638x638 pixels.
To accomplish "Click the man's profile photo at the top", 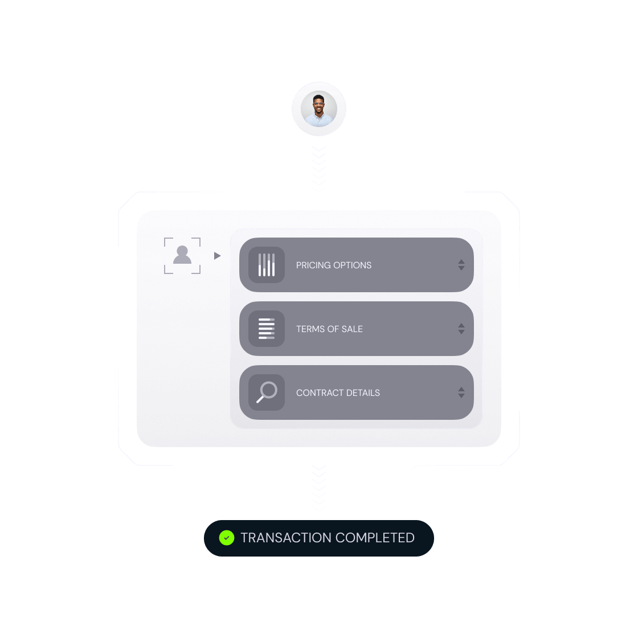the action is pyautogui.click(x=319, y=109).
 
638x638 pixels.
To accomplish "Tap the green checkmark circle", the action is pyautogui.click(x=227, y=538).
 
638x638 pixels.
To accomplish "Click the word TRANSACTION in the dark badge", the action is pyautogui.click(x=285, y=538).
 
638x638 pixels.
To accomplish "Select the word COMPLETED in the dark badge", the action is pyautogui.click(x=375, y=538).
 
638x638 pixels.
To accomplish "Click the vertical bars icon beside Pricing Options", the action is pyautogui.click(x=267, y=265).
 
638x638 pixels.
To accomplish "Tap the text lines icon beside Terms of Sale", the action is pyautogui.click(x=267, y=329).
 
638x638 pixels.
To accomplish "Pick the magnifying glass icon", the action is pyautogui.click(x=267, y=392).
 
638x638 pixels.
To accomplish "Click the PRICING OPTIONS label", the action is pyautogui.click(x=334, y=265).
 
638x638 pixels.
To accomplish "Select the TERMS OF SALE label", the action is pyautogui.click(x=329, y=329).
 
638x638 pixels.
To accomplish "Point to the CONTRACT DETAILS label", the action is pyautogui.click(x=338, y=392).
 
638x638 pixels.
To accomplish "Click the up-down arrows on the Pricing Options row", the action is pyautogui.click(x=461, y=265).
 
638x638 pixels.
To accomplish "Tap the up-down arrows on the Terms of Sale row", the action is pyautogui.click(x=461, y=329).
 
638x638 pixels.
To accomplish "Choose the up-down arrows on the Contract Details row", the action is pyautogui.click(x=461, y=392).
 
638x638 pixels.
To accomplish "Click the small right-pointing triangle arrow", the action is pyautogui.click(x=217, y=256).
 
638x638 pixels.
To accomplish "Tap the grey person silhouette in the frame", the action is pyautogui.click(x=182, y=255).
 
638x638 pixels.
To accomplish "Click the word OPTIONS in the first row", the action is pyautogui.click(x=353, y=265).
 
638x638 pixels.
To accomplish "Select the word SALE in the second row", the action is pyautogui.click(x=352, y=329).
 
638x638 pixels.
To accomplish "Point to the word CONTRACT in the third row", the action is pyautogui.click(x=320, y=392).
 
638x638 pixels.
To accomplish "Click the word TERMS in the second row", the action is pyautogui.click(x=310, y=329).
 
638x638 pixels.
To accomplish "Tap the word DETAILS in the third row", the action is pyautogui.click(x=363, y=392).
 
